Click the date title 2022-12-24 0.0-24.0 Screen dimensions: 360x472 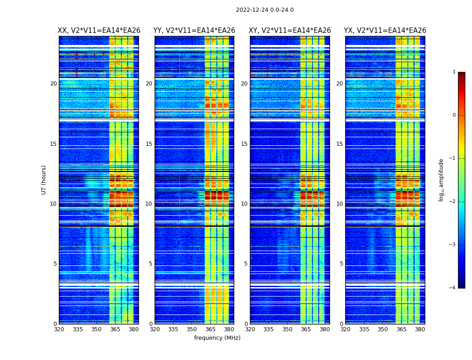click(x=264, y=10)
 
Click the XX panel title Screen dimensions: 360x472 click(x=99, y=31)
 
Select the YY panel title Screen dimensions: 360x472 click(x=194, y=31)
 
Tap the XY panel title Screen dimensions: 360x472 click(x=290, y=31)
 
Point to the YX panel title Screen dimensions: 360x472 click(x=385, y=31)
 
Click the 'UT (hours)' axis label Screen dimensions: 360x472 click(x=44, y=180)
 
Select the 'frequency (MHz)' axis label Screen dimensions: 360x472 click(x=217, y=338)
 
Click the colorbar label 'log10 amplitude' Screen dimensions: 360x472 click(x=441, y=180)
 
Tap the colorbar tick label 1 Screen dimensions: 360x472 click(x=454, y=72)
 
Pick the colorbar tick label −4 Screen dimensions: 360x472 click(x=452, y=288)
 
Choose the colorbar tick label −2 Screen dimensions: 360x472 click(x=452, y=202)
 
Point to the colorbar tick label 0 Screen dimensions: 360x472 click(x=454, y=115)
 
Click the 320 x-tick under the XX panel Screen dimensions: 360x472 click(x=59, y=329)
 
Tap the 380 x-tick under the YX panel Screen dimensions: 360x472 click(x=420, y=329)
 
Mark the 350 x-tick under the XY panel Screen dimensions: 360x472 click(x=287, y=329)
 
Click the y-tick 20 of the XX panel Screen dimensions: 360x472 click(x=53, y=84)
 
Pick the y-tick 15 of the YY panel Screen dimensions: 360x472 click(x=149, y=144)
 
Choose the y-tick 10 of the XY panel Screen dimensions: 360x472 click(x=244, y=204)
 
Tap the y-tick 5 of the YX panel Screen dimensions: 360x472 click(x=341, y=264)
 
